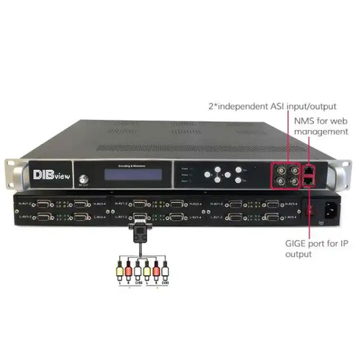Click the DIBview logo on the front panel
[49, 174]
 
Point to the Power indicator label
[184, 168]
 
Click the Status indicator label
[184, 175]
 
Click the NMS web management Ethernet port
[308, 168]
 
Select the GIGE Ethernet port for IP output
[308, 178]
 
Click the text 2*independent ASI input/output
[272, 106]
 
